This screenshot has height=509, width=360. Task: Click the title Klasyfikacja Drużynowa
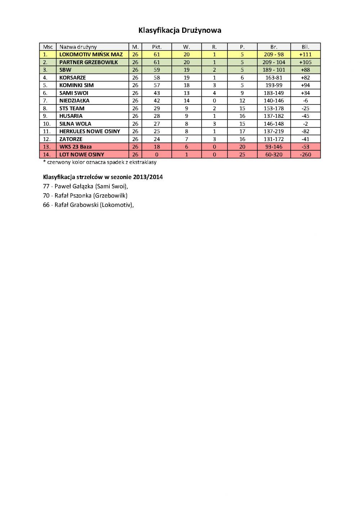click(x=180, y=30)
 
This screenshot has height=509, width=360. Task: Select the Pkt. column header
click(x=157, y=47)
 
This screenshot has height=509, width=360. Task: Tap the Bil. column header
click(x=305, y=47)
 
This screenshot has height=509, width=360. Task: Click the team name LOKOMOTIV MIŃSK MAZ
click(x=91, y=54)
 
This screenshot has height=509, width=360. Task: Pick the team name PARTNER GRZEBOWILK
click(x=89, y=62)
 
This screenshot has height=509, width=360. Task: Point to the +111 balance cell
click(x=305, y=54)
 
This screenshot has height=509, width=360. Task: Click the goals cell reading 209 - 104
click(x=274, y=62)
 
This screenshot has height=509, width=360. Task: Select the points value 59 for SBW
click(x=157, y=70)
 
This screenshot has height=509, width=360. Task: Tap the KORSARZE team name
click(x=72, y=77)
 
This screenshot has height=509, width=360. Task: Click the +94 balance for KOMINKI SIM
click(x=305, y=85)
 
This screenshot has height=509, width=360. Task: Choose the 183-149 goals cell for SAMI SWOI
click(x=274, y=93)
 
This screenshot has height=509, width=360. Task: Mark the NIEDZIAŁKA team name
click(x=74, y=101)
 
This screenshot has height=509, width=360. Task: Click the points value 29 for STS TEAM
click(x=157, y=108)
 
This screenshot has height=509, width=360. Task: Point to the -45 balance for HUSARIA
click(x=305, y=116)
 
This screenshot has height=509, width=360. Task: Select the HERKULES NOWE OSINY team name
click(x=90, y=131)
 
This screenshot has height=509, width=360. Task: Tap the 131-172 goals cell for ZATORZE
click(x=274, y=139)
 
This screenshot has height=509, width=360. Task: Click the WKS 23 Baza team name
click(x=75, y=147)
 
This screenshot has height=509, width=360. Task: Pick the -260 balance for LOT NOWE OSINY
click(x=305, y=155)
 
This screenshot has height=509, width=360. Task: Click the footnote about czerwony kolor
click(x=100, y=162)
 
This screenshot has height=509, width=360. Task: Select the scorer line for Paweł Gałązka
click(x=85, y=186)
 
